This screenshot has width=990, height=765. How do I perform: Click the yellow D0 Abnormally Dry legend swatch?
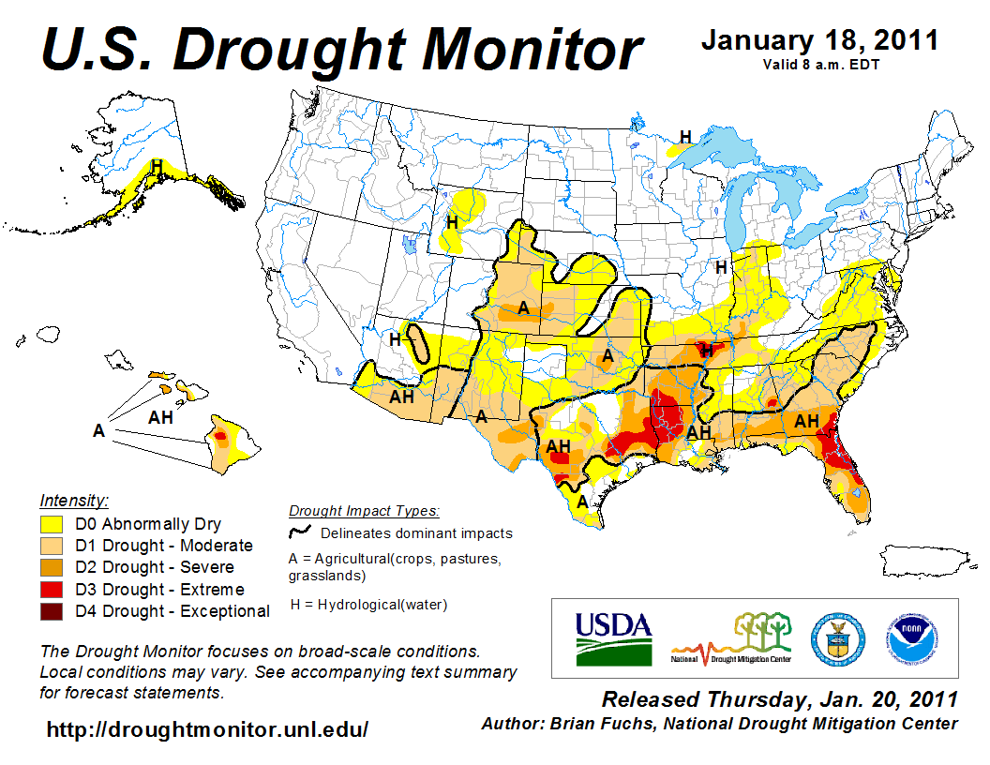51,524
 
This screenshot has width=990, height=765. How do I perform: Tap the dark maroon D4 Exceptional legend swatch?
51,611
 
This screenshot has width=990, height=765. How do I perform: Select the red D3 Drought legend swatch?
51,590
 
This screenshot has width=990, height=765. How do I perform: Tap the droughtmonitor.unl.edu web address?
207,729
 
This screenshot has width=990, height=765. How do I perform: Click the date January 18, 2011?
819,40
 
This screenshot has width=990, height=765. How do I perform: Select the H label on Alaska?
157,166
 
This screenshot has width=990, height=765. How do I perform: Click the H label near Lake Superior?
685,137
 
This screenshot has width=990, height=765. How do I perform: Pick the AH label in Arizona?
402,397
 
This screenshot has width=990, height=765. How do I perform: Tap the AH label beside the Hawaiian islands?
160,417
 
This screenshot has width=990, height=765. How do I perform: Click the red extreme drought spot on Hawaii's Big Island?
220,436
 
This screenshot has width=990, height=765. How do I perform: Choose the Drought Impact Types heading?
363,511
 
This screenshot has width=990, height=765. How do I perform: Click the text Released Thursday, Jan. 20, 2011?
779,699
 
